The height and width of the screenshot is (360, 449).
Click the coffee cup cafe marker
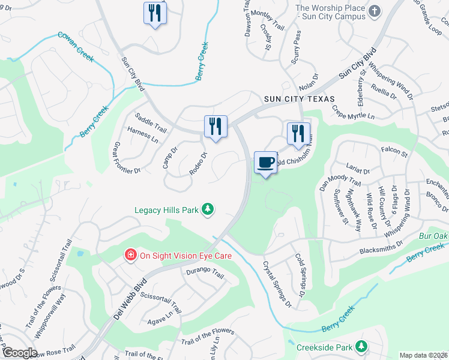(x=266, y=163)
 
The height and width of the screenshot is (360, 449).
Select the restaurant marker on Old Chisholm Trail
(x=298, y=134)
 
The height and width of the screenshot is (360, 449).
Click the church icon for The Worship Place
(x=375, y=11)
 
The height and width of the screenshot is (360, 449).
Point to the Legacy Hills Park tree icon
(x=208, y=209)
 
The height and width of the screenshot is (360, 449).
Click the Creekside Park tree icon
(x=361, y=347)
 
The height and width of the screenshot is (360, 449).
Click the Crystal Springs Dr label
(x=277, y=284)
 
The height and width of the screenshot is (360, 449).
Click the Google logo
(x=19, y=353)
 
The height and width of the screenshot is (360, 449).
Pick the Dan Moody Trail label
(x=340, y=178)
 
